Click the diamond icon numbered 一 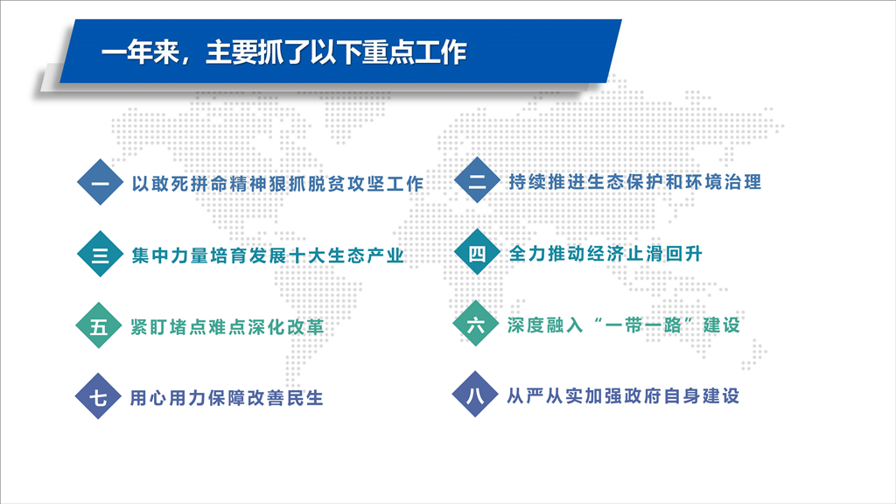click(100, 182)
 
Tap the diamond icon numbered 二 click(477, 180)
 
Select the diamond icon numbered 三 click(100, 254)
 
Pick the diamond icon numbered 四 click(477, 252)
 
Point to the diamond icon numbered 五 click(98, 325)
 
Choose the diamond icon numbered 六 click(475, 324)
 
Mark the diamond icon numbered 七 click(98, 396)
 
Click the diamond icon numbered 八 click(475, 395)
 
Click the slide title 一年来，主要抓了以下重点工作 click(284, 52)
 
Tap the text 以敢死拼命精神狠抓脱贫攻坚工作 click(277, 184)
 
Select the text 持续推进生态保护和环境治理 click(635, 182)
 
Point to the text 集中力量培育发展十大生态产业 click(268, 255)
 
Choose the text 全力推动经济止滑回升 click(605, 253)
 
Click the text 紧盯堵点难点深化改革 click(227, 326)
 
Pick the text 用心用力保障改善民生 click(227, 397)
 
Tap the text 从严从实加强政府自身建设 click(623, 395)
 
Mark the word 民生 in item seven click(305, 397)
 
